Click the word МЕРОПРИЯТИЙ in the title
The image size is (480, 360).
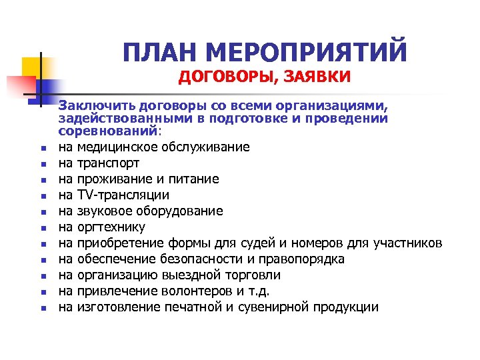[x=312, y=52]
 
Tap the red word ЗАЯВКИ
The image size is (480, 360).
[x=317, y=78]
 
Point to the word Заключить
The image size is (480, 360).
[x=91, y=105]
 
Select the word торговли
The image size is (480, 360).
[x=254, y=275]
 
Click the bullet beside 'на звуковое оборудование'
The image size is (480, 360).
[x=41, y=212]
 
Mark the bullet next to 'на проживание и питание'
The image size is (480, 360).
[x=41, y=180]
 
